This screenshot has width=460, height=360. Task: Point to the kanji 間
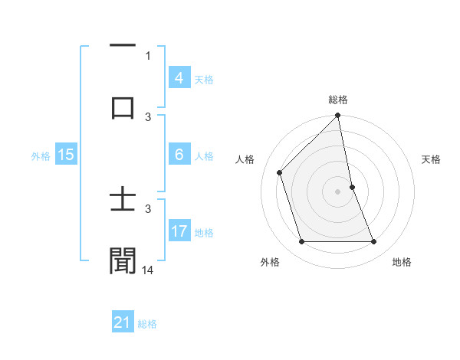coord(123,260)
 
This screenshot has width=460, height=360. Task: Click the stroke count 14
coord(148,270)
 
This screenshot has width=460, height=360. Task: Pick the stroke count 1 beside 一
coord(148,55)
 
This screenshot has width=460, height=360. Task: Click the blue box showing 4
coord(179,78)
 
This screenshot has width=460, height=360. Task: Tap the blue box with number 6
coord(179,155)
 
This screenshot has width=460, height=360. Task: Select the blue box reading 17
coord(179,231)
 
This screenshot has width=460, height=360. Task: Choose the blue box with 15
coord(65,155)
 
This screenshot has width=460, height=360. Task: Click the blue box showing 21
coord(122,322)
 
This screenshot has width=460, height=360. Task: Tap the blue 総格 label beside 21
coord(147,324)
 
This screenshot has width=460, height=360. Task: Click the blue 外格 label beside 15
coord(41,156)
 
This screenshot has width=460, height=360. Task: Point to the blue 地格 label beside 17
coord(204,233)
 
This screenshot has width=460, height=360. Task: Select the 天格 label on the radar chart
coord(431,159)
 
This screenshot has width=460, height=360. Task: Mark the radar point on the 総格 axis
coord(337,116)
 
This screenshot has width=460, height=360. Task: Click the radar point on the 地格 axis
coord(373,242)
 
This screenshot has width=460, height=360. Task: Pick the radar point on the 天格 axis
coord(352,186)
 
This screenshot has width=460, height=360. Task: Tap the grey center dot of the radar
coord(337,191)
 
